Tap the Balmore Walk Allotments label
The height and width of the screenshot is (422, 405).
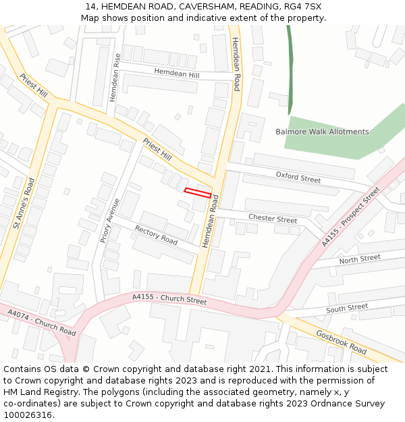(322, 132)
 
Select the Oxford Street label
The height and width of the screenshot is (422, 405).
(298, 178)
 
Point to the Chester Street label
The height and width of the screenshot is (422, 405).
(273, 219)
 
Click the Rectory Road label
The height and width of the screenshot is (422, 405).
(156, 235)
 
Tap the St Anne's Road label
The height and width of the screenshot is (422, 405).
(24, 203)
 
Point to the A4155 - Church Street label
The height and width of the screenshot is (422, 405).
(169, 298)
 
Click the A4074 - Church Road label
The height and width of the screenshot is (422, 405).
(42, 322)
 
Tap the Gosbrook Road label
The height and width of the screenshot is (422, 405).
(341, 342)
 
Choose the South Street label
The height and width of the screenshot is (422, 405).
(347, 308)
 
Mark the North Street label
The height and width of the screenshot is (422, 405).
(360, 259)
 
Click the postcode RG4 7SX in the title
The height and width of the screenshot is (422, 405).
(302, 7)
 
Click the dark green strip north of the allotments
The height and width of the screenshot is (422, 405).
(290, 68)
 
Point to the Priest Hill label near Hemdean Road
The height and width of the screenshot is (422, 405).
(157, 149)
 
